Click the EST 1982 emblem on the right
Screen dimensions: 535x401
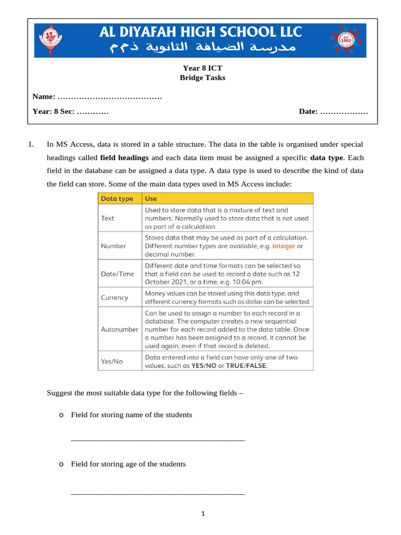click(344, 40)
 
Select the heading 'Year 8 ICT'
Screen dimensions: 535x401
click(202, 68)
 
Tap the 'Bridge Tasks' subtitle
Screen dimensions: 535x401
click(203, 78)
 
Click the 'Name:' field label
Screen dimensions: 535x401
click(44, 97)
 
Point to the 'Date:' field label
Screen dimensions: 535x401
click(308, 112)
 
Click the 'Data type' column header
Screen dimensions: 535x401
click(117, 199)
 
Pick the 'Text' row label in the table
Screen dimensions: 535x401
click(108, 218)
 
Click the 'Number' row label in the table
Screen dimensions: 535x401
click(113, 246)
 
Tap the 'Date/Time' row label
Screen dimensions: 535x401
click(117, 274)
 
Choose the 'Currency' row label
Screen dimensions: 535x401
click(114, 297)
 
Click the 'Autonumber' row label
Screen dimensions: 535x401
click(119, 330)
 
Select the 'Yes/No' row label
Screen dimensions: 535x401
click(112, 361)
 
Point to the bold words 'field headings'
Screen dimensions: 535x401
click(124, 157)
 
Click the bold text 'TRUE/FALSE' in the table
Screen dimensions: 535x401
click(246, 366)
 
